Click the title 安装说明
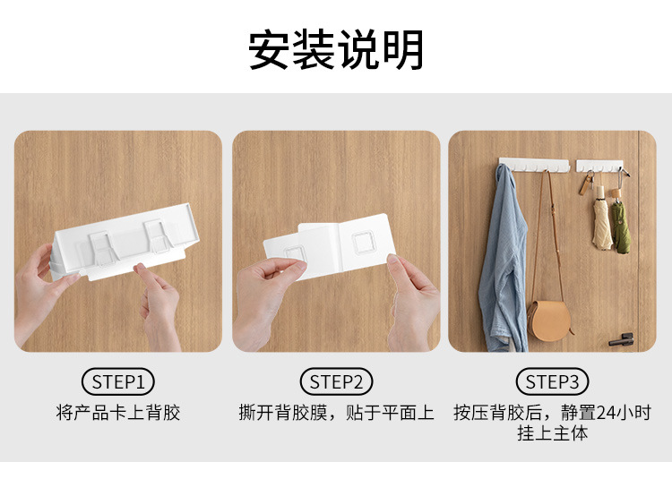pyautogui.click(x=336, y=49)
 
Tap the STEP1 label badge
pyautogui.click(x=117, y=382)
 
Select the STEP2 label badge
pyautogui.click(x=336, y=382)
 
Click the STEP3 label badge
pyautogui.click(x=552, y=382)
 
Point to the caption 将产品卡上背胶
pyautogui.click(x=117, y=413)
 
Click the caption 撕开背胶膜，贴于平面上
pyautogui.click(x=336, y=413)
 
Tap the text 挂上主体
pyautogui.click(x=552, y=434)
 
